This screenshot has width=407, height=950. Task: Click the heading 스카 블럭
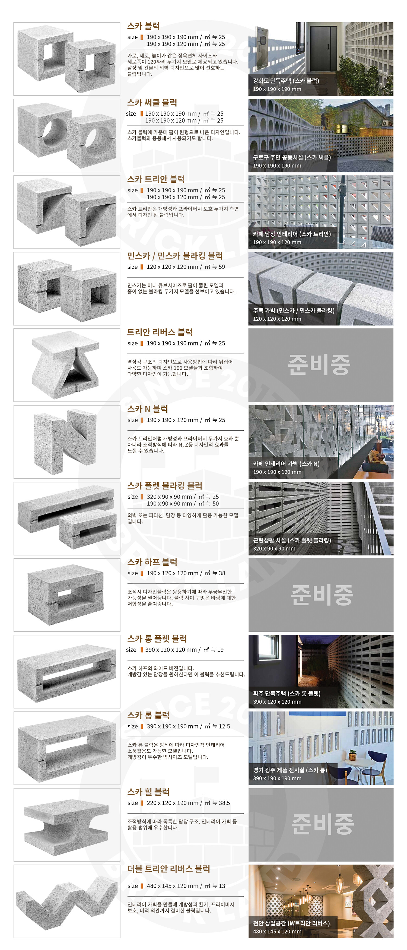tap(144, 26)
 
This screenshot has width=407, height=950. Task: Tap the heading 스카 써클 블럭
tap(152, 103)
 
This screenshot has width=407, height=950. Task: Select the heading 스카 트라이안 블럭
tap(156, 179)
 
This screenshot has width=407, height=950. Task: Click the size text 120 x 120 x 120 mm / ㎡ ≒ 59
tap(186, 267)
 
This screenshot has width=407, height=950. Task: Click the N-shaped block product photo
tap(66, 442)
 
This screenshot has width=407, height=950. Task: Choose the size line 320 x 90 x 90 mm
tap(169, 497)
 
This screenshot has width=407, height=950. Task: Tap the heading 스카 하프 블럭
tap(152, 562)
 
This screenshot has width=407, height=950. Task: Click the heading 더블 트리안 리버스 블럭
tap(168, 869)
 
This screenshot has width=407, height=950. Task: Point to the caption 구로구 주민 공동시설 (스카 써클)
tap(292, 157)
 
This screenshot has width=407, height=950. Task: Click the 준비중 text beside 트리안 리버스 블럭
tap(319, 365)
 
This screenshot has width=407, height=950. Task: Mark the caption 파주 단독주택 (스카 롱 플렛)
tap(287, 693)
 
